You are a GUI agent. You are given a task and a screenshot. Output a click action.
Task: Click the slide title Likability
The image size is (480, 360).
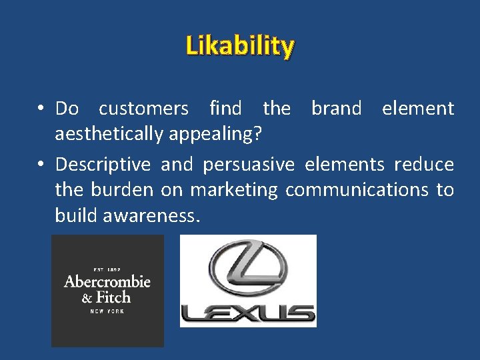tap(240, 47)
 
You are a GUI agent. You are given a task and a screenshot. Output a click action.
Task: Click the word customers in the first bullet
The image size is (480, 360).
tap(143, 108)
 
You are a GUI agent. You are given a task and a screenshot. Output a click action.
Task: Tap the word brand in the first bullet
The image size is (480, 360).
tap(336, 108)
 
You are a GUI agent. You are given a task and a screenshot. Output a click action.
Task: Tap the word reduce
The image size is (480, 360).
tap(424, 164)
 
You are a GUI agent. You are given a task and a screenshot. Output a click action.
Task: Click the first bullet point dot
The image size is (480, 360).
tap(41, 109)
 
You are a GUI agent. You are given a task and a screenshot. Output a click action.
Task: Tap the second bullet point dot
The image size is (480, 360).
tap(41, 165)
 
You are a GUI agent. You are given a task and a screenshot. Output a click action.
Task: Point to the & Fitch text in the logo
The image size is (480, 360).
tap(107, 297)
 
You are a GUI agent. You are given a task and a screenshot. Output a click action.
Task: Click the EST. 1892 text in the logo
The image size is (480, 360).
tap(107, 269)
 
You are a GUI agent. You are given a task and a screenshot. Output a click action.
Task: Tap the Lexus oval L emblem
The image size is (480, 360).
tap(248, 269)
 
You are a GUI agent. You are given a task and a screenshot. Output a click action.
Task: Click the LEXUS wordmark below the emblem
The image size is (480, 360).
tap(248, 313)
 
